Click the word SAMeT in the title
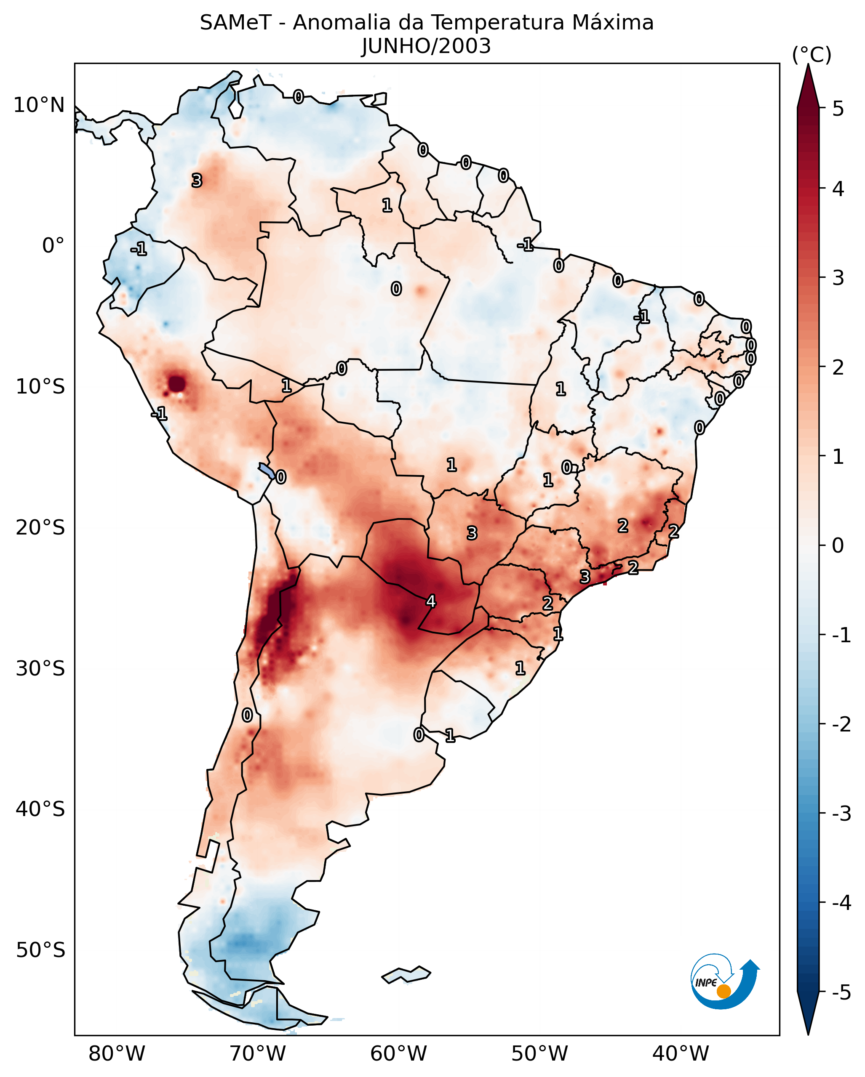click(235, 23)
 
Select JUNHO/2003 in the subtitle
click(426, 46)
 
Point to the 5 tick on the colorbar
click(838, 109)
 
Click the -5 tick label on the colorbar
click(841, 992)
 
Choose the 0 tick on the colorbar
click(838, 545)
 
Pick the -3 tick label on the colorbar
click(841, 814)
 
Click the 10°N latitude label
click(40, 105)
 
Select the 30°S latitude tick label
click(40, 668)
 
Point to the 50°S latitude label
click(40, 950)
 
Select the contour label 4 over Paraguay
click(431, 601)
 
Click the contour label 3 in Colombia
click(197, 180)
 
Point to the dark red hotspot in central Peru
click(177, 384)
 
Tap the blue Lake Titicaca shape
click(266, 471)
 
